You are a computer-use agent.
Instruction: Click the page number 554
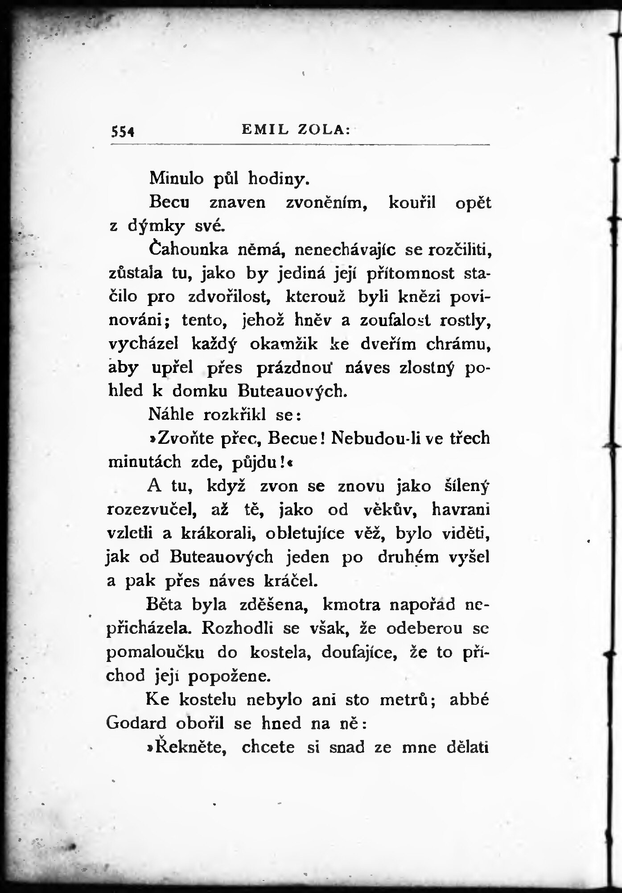click(123, 131)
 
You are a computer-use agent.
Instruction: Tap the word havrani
click(461, 509)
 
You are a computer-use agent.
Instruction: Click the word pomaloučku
click(156, 653)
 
